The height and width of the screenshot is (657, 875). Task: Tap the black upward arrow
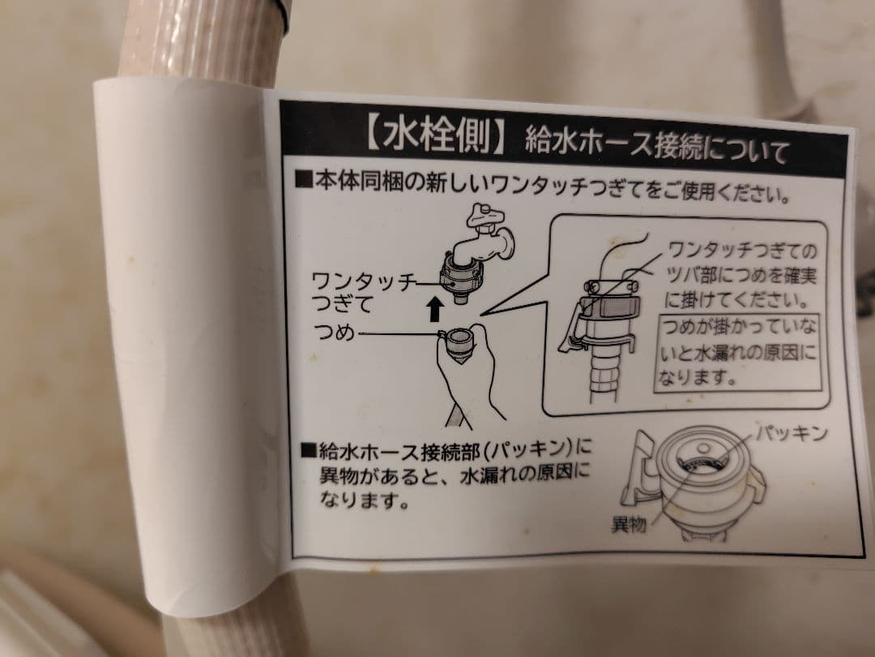pos(436,308)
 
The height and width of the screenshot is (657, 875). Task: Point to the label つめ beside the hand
pos(334,333)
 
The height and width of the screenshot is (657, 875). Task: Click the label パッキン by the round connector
pos(792,434)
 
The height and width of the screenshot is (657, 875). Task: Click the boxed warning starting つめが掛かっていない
pos(737,351)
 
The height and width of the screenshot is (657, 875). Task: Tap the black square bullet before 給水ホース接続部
pos(307,449)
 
